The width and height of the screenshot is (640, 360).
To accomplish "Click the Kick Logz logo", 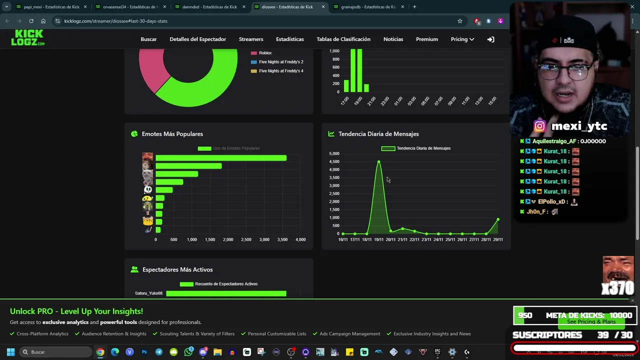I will coord(27,38).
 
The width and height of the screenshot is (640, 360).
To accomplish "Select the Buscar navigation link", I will coord(148,39).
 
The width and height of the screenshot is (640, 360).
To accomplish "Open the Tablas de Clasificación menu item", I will coord(343,39).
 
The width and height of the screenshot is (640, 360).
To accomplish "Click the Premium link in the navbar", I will coord(426,39).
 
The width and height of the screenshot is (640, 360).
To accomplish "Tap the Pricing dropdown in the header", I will coord(462,39).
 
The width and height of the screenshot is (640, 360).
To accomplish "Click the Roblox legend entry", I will coord(265,53).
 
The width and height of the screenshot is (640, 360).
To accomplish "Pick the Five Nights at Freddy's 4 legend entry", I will coord(280,71).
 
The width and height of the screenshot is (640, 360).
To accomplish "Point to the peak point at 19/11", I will coord(378,162).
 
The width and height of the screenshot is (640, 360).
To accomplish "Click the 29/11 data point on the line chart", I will coord(498,219).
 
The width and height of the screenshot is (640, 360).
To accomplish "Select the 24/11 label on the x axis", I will coord(438,239).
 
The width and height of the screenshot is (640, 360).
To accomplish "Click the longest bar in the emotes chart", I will coord(220,158).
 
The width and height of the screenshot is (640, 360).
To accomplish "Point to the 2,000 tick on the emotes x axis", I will coord(228,239).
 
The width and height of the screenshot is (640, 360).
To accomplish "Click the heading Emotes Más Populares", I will coord(172,134).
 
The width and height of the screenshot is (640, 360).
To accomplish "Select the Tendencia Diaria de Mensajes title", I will coord(378,134).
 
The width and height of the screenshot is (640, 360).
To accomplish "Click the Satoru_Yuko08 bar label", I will coord(148,293).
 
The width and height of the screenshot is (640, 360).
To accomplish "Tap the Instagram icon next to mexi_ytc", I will coord(539,126).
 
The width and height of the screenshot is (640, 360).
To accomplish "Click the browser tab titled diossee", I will coord(287,7).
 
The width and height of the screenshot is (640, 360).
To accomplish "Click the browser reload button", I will coord(31,21).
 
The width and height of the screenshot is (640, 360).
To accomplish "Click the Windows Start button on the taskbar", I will coord(10,352).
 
